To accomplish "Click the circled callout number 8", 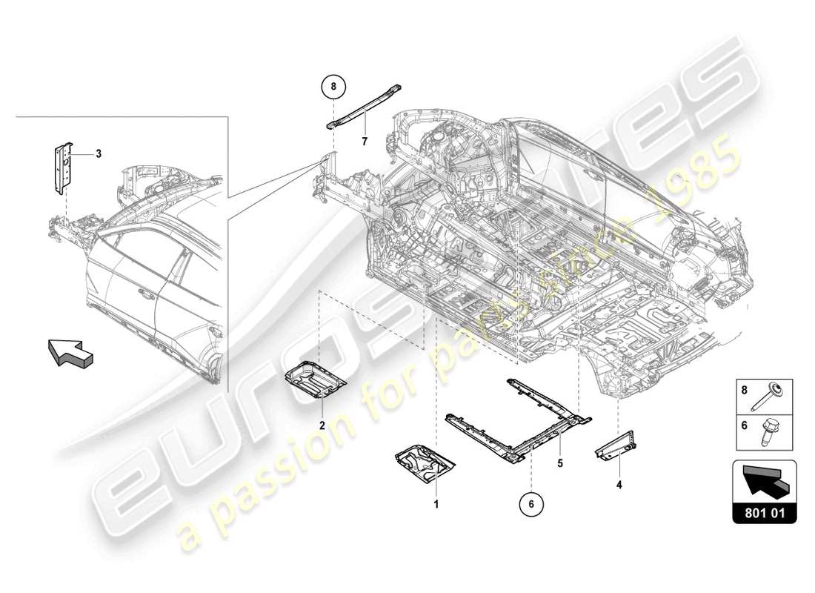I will coord(333,87).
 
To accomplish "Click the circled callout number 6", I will coord(531,504).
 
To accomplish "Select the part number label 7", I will coord(365,140).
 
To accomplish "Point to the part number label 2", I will coord(322,425).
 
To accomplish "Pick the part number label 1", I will coord(436,504).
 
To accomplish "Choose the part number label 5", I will coord(560,463).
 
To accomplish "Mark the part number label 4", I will coord(619,486).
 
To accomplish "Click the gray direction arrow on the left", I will coord(71,351).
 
